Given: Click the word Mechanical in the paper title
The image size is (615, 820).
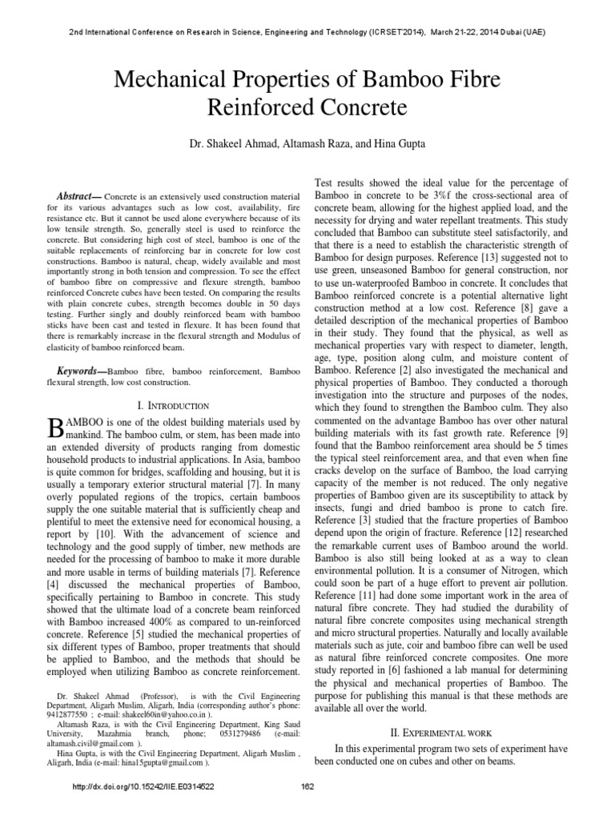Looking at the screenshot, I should coord(166,79).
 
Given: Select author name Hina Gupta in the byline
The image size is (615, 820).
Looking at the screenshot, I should coord(387,146).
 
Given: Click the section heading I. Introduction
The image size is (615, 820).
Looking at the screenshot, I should coord(174,406).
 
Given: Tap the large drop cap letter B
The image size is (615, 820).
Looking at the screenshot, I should coord(57,426).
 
